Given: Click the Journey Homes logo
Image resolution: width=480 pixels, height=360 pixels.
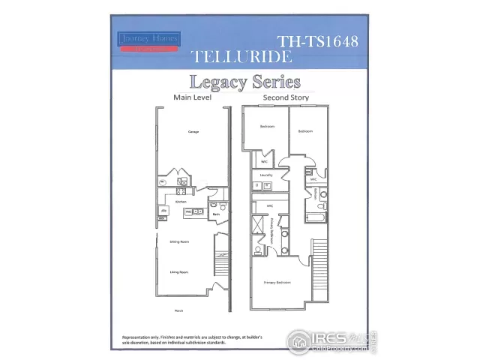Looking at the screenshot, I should (x=148, y=41).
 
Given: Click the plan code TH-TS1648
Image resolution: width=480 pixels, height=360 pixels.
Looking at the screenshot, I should (x=317, y=41).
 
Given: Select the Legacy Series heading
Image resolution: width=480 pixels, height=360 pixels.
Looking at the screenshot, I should (x=244, y=82).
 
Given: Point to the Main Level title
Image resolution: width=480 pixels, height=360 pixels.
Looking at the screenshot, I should (x=191, y=97).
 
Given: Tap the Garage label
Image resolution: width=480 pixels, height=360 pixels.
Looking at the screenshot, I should (x=193, y=132).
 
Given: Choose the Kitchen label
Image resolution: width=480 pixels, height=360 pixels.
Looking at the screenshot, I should (x=180, y=202).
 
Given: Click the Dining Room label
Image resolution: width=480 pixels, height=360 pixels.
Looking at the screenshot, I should (x=178, y=241).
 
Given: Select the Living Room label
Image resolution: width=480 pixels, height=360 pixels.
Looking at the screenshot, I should (x=178, y=272).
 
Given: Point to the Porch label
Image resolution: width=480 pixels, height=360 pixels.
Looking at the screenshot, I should (x=178, y=310).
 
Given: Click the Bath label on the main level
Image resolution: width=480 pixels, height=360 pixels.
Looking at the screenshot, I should (x=215, y=214).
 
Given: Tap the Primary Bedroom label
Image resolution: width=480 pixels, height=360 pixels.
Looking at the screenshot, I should (x=277, y=282).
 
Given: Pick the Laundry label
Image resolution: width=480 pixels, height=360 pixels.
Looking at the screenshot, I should (x=265, y=175).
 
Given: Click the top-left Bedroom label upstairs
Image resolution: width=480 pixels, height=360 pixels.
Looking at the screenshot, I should (x=267, y=127).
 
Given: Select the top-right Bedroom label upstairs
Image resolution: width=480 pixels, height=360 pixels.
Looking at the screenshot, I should (x=304, y=131).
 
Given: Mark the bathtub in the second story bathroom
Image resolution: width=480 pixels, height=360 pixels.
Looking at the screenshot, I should (x=316, y=218).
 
